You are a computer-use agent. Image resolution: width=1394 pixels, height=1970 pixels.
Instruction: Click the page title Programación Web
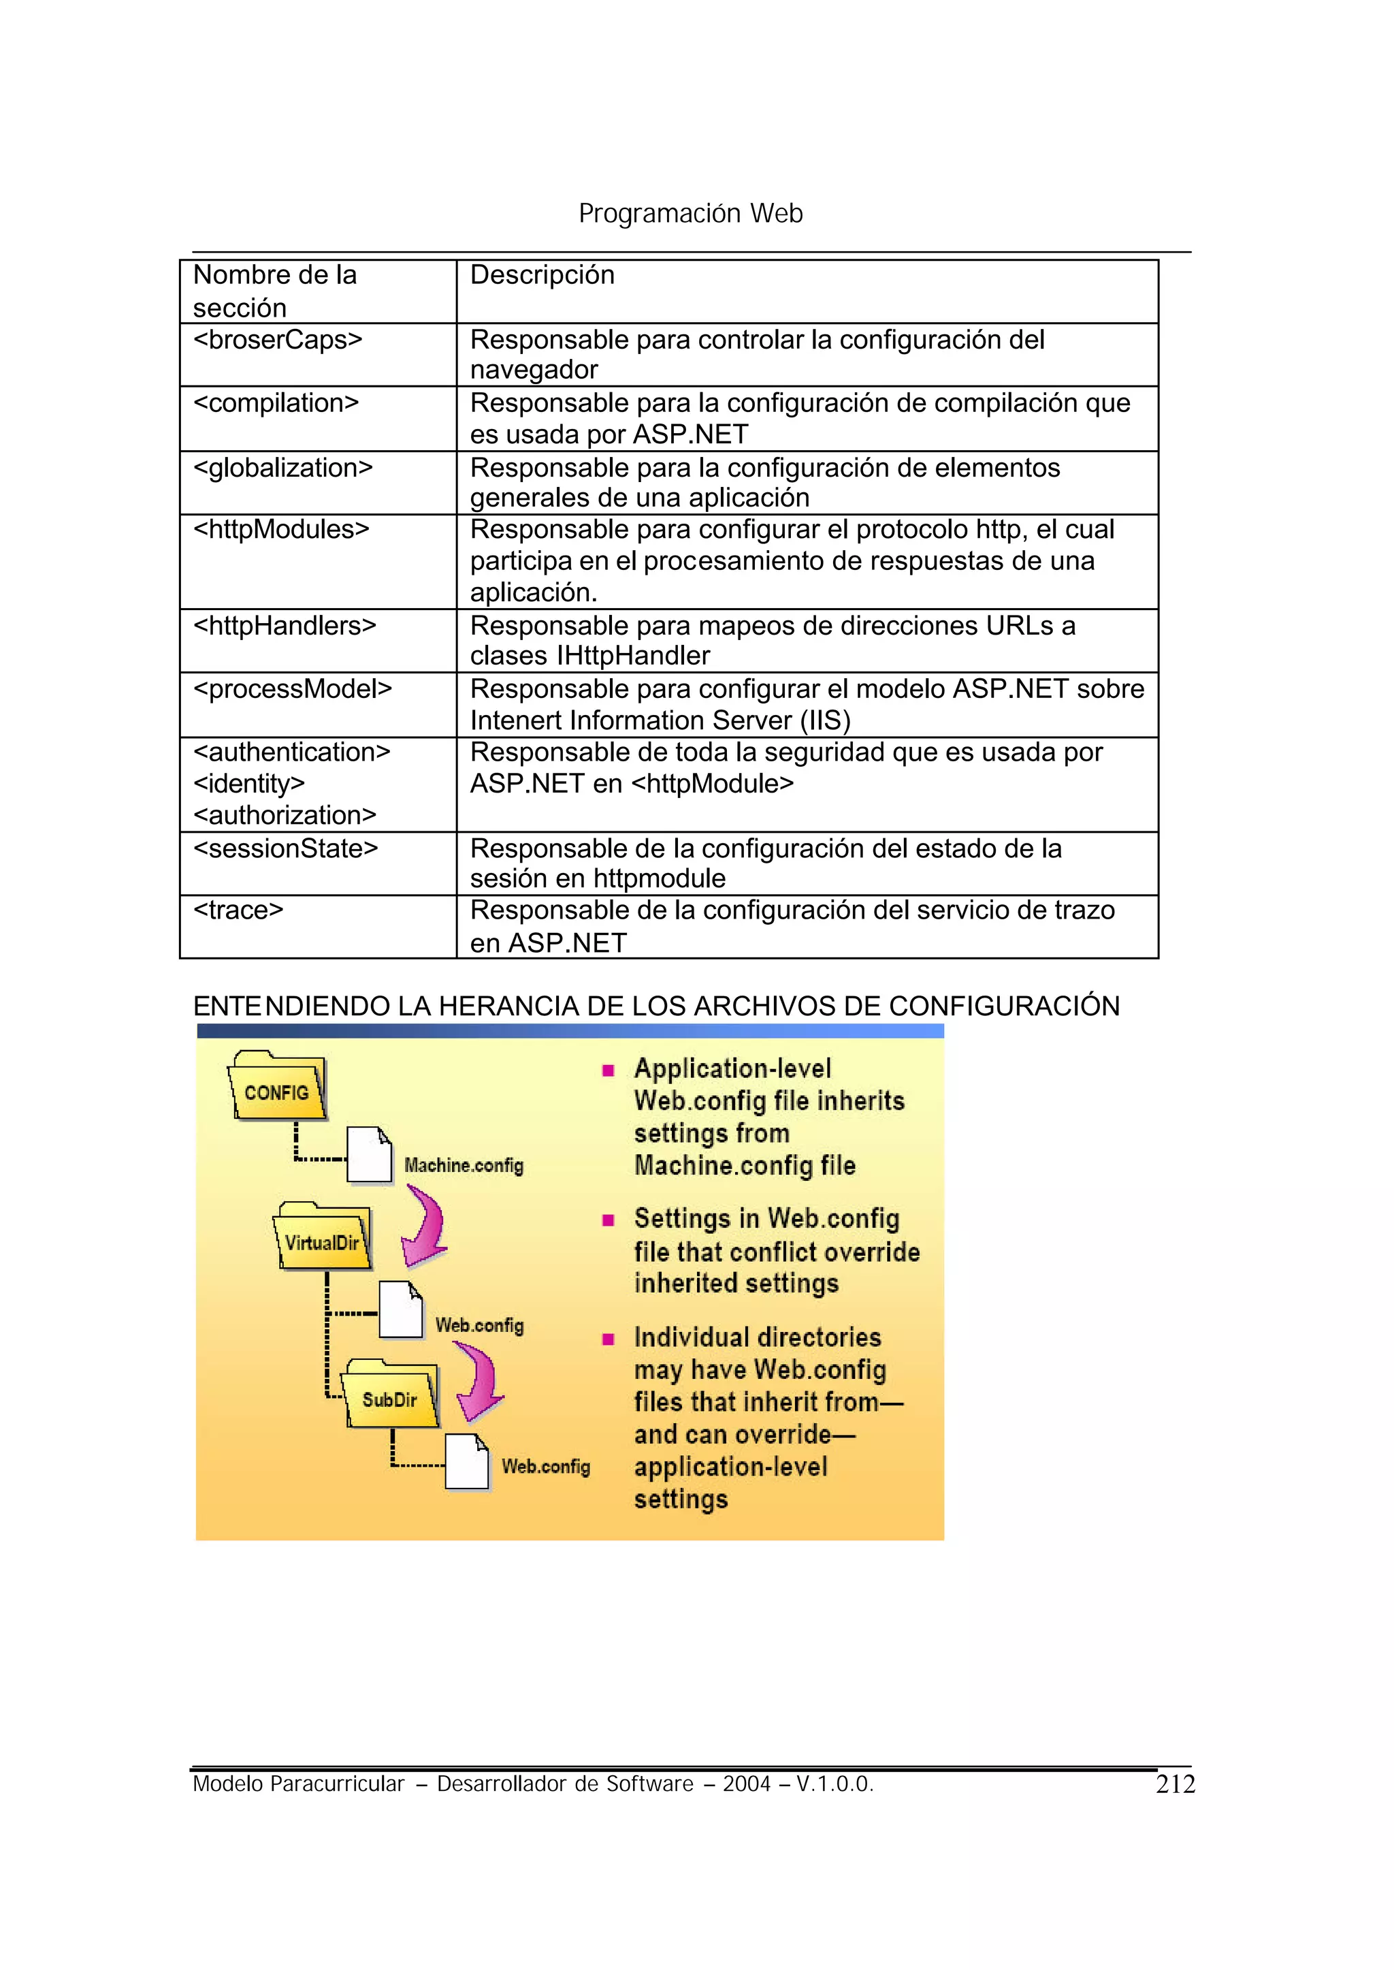click(690, 213)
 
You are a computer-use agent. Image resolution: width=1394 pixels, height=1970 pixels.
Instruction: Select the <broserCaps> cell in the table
click(277, 340)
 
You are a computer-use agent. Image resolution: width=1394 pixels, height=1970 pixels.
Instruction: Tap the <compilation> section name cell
click(276, 402)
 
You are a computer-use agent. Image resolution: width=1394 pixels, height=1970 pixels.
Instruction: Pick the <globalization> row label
click(282, 468)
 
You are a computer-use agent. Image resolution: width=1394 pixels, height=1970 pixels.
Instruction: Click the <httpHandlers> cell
click(284, 625)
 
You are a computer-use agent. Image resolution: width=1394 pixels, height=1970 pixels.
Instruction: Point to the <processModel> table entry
click(292, 688)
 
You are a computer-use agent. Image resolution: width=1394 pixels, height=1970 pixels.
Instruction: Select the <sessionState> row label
click(285, 848)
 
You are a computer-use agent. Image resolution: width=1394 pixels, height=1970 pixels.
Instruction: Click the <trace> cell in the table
click(238, 910)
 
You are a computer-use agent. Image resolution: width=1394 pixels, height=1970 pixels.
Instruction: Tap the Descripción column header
click(542, 275)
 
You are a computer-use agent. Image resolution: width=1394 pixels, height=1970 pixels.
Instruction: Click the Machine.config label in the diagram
click(464, 1165)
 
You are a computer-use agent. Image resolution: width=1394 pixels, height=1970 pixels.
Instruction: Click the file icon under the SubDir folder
click(467, 1461)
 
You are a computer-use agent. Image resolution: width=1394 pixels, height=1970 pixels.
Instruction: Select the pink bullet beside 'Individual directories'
click(608, 1339)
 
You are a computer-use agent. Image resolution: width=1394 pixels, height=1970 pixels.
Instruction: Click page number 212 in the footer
click(1175, 1785)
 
